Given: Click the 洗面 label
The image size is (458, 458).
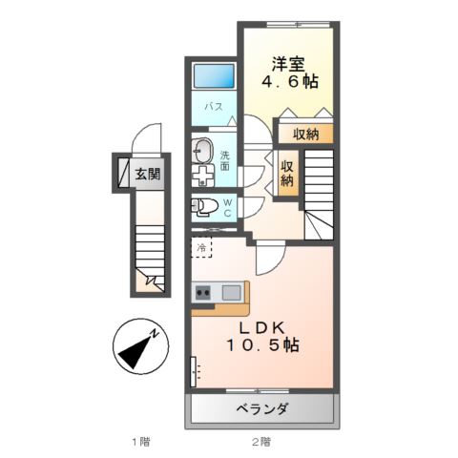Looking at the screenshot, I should click(225, 160).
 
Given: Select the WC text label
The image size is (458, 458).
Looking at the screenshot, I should click(228, 208).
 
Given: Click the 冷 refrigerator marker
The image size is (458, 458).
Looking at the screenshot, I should click(202, 248).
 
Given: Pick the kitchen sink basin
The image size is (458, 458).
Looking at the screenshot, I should click(231, 293).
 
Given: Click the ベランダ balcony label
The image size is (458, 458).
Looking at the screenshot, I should click(262, 409).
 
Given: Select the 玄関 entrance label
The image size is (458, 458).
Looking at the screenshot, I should click(147, 175).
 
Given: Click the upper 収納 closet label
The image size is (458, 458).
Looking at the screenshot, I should click(305, 133).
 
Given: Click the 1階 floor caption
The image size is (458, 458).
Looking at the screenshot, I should click(140, 442).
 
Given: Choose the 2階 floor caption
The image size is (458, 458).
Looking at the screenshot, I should click(261, 442).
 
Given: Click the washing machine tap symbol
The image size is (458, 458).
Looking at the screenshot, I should click(203, 177).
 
